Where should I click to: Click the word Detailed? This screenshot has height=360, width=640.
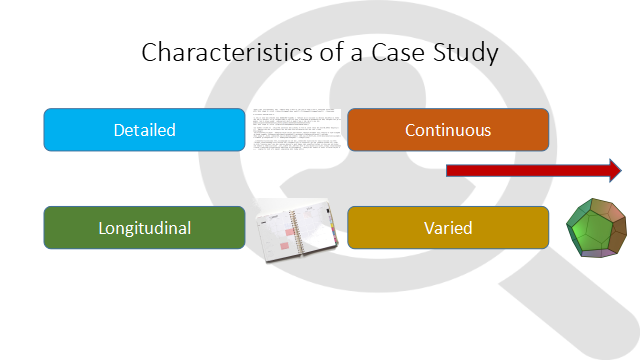[x=145, y=130]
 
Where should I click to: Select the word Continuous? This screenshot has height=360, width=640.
[x=448, y=130]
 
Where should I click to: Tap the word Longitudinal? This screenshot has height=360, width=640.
[x=145, y=228]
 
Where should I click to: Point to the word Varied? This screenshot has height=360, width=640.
[x=448, y=228]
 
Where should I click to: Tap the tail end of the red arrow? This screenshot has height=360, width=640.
[x=450, y=170]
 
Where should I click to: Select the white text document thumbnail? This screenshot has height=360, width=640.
[x=296, y=130]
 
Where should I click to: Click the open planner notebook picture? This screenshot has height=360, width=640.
[x=298, y=231]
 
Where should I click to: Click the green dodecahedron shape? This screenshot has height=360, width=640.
[x=596, y=228]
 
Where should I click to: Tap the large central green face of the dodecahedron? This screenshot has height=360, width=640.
[x=591, y=230]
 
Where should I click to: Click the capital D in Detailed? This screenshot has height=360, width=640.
[x=119, y=130]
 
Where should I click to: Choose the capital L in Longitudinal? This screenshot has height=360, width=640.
[x=102, y=228]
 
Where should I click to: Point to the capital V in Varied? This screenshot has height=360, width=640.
[x=429, y=228]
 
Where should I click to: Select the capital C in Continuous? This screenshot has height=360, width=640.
[x=411, y=130]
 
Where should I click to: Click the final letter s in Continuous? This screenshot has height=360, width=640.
[x=487, y=131]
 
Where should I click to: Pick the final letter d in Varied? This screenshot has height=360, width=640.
[x=467, y=228]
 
